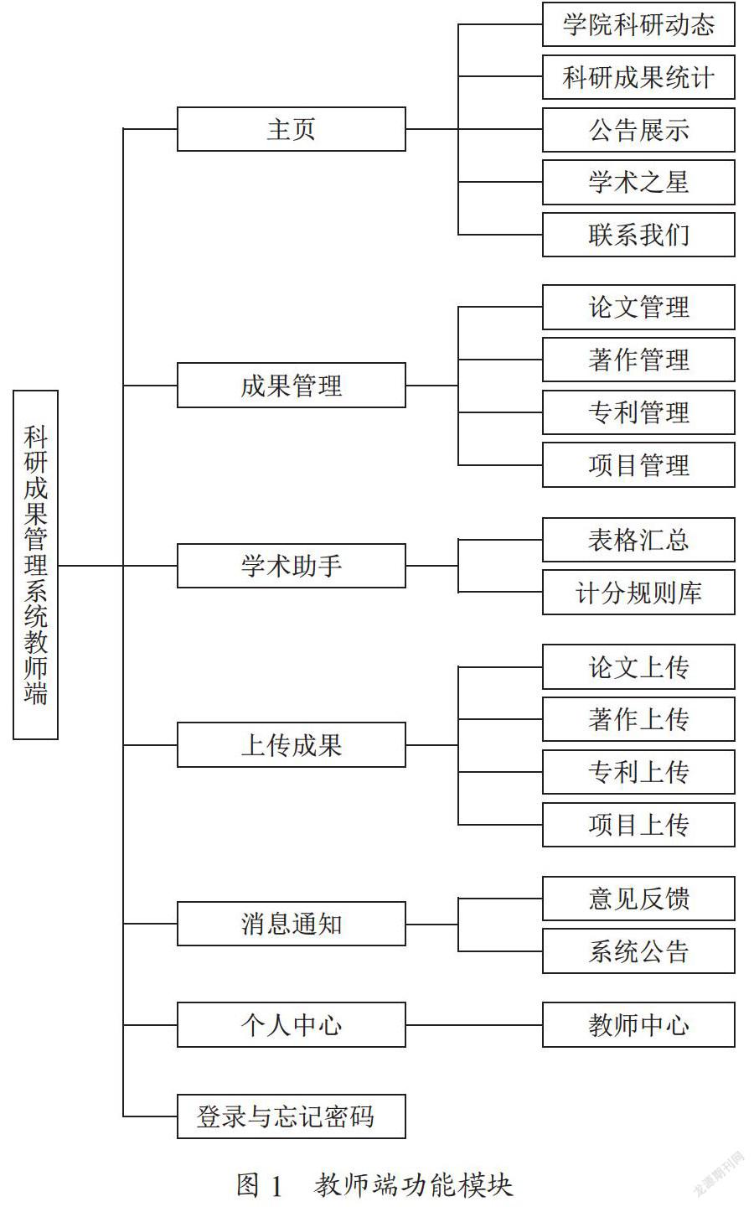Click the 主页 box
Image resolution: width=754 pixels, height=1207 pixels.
pos(292,129)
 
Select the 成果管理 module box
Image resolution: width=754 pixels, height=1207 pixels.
pos(292,386)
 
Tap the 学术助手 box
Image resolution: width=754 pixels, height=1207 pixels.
pos(292,566)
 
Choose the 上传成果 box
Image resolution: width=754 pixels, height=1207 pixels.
pos(292,744)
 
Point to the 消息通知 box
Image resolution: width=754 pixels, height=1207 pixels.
pos(292,924)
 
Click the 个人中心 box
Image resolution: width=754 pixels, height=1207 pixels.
pos(292,1024)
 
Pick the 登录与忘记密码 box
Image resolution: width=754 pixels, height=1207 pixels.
pos(292,1116)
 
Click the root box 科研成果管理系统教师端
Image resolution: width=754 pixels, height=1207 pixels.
pos(35,565)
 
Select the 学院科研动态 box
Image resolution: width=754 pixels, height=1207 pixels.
pos(638,24)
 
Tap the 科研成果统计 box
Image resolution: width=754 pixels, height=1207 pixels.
pos(638,76)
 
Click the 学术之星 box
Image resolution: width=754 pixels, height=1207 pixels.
pos(638,182)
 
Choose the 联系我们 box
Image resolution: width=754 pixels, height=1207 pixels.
pos(638,235)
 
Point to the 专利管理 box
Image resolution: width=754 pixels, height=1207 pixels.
pos(638,412)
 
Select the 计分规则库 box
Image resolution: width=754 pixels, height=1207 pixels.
pos(638,592)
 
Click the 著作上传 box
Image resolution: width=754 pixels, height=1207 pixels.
pos(638,719)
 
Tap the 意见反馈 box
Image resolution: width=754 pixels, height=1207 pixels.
pos(638,899)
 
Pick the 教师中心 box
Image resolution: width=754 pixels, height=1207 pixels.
pos(638,1024)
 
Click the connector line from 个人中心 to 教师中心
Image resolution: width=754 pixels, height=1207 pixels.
pos(474,1024)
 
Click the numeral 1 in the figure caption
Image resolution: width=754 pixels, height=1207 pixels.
pos(276,1185)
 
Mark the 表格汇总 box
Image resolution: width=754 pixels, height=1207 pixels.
pos(638,540)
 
